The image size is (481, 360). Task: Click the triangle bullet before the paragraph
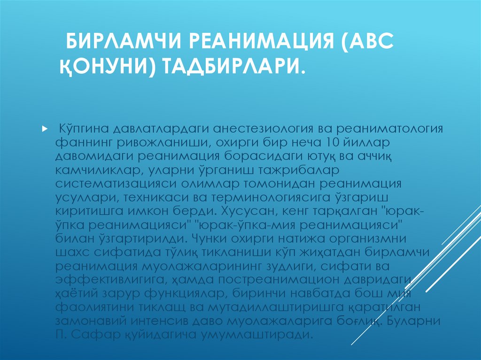(x=44, y=128)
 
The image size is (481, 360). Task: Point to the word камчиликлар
(x=98, y=169)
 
